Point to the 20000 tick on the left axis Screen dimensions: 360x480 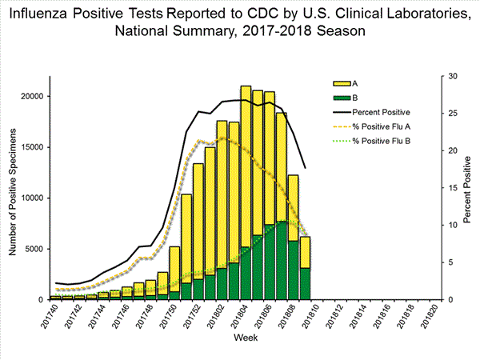[x=31, y=96]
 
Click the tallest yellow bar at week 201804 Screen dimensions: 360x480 [x=246, y=160]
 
